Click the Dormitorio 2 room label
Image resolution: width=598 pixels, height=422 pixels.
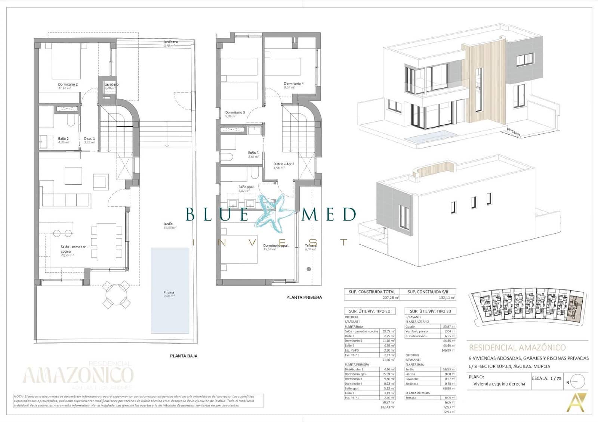coord(68,85)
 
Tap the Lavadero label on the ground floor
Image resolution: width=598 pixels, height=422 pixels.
coord(111,85)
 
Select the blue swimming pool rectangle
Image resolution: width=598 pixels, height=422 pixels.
coord(170,290)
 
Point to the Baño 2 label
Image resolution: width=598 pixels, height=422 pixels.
coord(63,139)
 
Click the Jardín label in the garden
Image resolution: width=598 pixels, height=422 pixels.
coord(168,224)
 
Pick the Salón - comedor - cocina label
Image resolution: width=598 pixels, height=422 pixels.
coord(74,249)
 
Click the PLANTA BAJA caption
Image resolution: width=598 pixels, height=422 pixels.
coord(184,356)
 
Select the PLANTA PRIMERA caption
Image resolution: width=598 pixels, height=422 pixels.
coord(304,297)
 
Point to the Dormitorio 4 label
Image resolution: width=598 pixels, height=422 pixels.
coord(293,84)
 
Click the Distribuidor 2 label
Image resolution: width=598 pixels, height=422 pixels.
coord(284,164)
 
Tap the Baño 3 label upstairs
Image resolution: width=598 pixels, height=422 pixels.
coord(253,153)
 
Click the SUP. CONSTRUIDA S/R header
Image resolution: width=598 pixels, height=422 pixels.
coord(428,292)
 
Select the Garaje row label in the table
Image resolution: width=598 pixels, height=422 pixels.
coord(410,326)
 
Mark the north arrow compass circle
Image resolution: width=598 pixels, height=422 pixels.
coord(577,382)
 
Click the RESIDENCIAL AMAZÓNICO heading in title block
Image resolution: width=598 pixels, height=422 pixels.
coord(517,348)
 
